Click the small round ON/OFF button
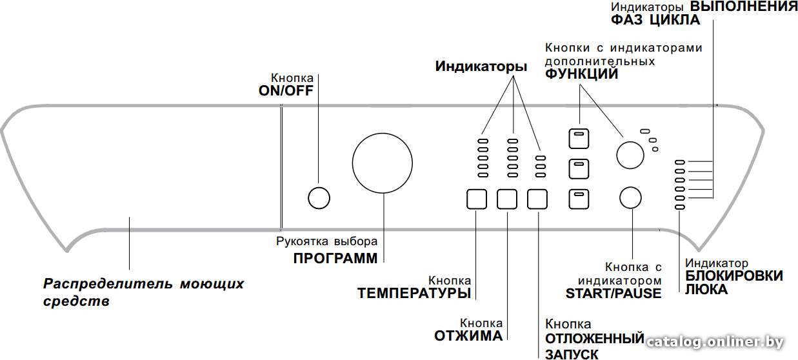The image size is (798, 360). pos(319,198)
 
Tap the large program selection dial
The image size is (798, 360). pos(383,163)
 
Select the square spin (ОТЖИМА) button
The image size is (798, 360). pos(507,199)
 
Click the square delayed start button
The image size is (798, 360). pos(537,199)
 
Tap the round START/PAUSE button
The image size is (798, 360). pos(630,198)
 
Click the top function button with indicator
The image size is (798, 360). pos(579,138)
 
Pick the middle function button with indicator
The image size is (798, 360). pos(579,168)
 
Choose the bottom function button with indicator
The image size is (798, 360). pos(579,199)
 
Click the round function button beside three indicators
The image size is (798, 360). pos(630,155)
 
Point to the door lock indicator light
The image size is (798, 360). pos(680,207)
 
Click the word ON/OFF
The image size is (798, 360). pos(286,91)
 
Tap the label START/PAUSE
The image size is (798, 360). pos(613,294)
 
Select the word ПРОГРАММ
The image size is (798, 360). pos(335,259)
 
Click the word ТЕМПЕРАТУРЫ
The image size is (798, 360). pos(414,294)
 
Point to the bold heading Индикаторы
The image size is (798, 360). pos(481,66)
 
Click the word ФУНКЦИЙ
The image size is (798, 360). pos(581,74)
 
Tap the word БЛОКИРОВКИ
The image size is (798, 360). pos(734,276)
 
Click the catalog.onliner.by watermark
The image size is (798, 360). pos(715,342)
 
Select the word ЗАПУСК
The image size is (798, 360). pos(572,354)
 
